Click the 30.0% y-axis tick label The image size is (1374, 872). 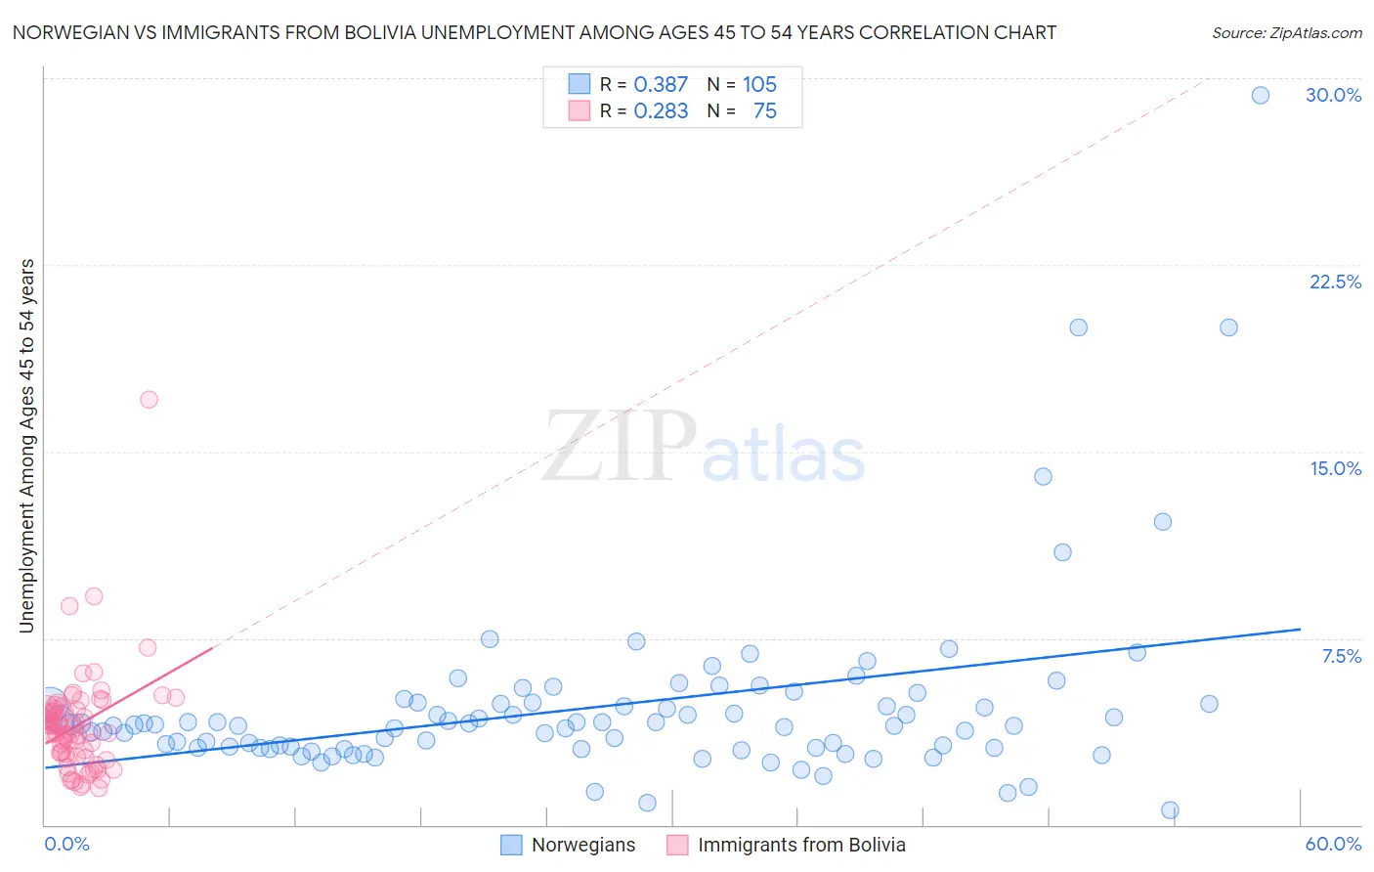click(1333, 95)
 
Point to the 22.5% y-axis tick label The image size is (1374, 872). click(1335, 282)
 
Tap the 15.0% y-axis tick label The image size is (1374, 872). click(1335, 468)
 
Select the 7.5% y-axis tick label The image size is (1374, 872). click(1341, 656)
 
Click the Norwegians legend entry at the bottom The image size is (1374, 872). click(582, 846)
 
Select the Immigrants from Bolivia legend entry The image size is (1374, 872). click(801, 846)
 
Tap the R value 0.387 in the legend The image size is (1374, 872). click(661, 85)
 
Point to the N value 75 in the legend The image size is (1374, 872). click(764, 111)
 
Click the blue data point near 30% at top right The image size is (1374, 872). click(1261, 95)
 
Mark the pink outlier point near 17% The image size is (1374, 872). click(149, 399)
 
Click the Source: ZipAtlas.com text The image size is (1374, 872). click(1286, 33)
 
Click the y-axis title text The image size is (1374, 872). click(27, 446)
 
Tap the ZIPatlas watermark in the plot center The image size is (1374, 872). click(704, 448)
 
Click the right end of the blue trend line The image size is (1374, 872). click(1300, 630)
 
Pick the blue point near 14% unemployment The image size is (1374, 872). click(1043, 476)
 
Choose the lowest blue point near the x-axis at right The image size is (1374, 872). click(1170, 809)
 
